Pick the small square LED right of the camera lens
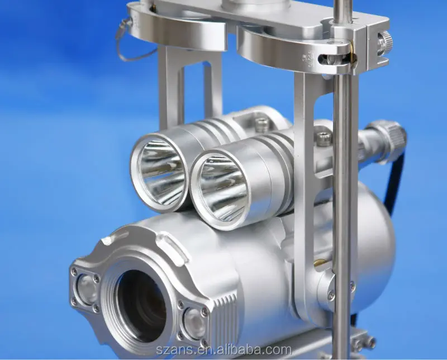coord(192,323)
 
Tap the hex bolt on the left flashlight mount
coord(261,124)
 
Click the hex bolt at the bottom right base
coord(358,343)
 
